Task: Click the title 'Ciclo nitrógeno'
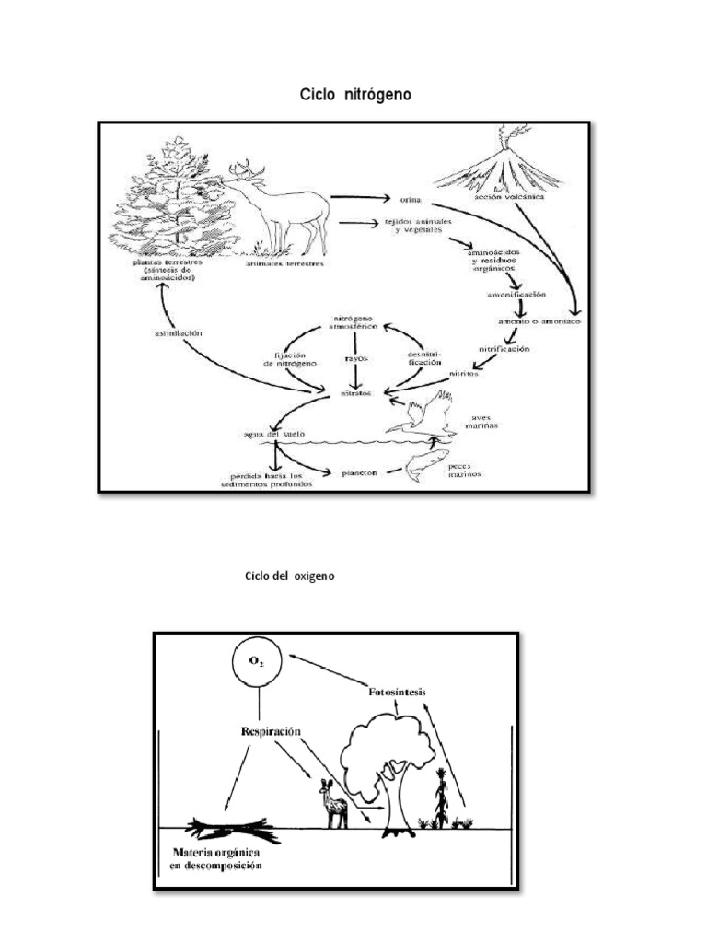353,96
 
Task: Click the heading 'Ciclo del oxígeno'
289,576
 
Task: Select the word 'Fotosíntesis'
397,692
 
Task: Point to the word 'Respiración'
271,731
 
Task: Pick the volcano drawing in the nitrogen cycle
499,167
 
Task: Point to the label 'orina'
411,199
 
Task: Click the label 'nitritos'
464,375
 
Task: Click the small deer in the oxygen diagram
333,804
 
